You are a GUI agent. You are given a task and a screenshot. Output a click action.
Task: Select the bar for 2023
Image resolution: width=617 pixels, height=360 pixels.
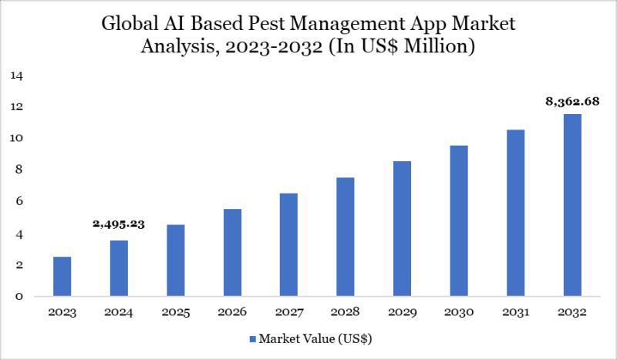[62, 276]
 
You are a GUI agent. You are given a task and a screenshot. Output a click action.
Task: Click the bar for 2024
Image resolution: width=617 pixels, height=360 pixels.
[119, 268]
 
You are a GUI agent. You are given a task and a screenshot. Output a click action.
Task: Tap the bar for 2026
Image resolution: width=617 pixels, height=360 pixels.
[232, 252]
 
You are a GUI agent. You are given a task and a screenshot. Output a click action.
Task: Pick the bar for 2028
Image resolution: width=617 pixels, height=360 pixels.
[346, 237]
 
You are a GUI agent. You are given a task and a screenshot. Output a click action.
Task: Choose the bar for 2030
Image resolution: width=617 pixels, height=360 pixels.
[459, 220]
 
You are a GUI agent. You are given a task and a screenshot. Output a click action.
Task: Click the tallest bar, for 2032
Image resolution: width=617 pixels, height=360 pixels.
[572, 205]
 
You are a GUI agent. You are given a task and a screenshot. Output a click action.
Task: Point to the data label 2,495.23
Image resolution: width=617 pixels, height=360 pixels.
[119, 224]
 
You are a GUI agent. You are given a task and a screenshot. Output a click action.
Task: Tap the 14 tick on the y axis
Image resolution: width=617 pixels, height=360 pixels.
[17, 76]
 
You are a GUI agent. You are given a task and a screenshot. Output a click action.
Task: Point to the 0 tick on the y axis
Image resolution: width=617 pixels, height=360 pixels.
[19, 296]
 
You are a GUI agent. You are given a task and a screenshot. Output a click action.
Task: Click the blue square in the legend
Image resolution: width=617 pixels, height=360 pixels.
[253, 338]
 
